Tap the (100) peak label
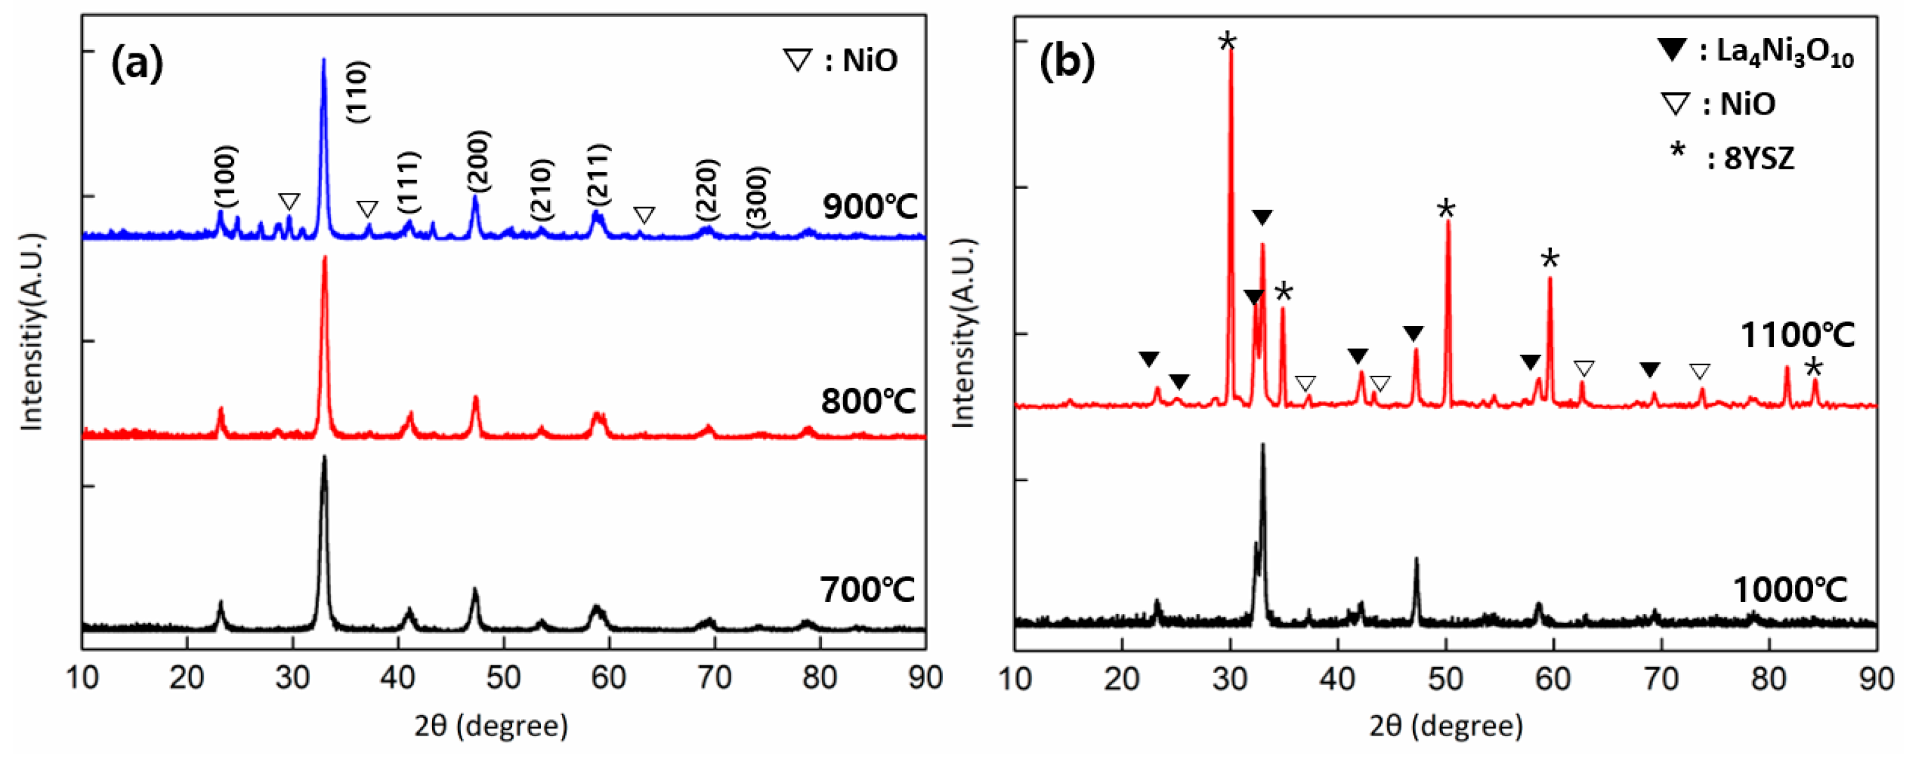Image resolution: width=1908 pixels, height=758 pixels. click(x=226, y=176)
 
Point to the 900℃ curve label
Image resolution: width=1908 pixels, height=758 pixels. click(x=870, y=207)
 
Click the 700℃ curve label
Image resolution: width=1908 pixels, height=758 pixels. click(x=868, y=590)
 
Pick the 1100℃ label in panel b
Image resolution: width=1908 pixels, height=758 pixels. click(x=1797, y=336)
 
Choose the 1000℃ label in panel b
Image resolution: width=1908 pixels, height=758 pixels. click(x=1790, y=590)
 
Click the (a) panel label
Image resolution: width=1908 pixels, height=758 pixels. click(x=137, y=65)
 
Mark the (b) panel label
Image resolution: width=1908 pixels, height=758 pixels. click(x=1067, y=64)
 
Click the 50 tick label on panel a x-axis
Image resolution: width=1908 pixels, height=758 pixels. click(x=504, y=677)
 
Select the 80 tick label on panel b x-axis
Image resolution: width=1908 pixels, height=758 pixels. click(x=1769, y=677)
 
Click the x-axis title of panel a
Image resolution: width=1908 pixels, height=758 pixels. click(x=491, y=726)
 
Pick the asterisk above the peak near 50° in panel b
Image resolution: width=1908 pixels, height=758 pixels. click(x=1446, y=209)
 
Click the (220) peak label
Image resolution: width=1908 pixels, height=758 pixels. click(x=707, y=190)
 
